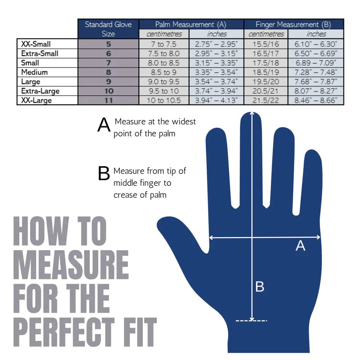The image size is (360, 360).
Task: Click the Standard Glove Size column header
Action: (x=108, y=29)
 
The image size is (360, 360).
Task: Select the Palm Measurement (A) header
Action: (x=191, y=24)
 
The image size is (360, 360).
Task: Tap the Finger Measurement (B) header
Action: (x=293, y=24)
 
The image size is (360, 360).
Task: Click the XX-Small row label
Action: (x=36, y=44)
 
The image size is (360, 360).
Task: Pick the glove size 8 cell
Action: (x=108, y=72)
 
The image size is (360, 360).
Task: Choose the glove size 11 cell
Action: (x=108, y=100)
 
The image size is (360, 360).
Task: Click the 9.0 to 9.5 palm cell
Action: (x=164, y=81)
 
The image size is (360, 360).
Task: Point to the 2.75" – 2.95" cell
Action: (x=216, y=44)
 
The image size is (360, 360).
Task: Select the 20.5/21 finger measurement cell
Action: (x=266, y=91)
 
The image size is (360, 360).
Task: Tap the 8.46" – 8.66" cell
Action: (x=316, y=100)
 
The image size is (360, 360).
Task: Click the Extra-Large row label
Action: (x=40, y=91)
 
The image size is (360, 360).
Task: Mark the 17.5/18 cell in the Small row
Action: (x=266, y=63)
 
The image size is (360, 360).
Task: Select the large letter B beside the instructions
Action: (x=104, y=174)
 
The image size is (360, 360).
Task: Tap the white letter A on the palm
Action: (x=300, y=246)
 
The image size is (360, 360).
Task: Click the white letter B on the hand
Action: (x=260, y=287)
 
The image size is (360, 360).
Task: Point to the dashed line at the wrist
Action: (x=251, y=320)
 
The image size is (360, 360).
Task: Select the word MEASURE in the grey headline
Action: (x=71, y=265)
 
